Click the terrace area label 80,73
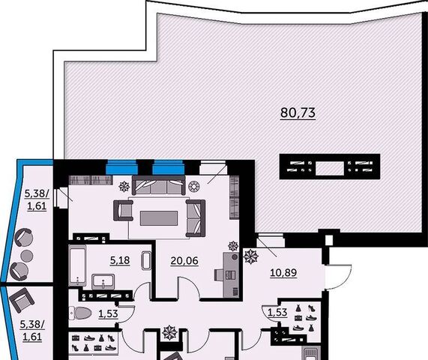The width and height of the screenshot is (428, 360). click(298, 112)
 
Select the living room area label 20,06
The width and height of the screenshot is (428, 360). click(184, 261)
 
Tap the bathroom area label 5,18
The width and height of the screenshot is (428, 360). click(120, 260)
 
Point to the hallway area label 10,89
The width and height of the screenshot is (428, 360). click(283, 272)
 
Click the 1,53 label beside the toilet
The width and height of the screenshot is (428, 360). click(108, 313)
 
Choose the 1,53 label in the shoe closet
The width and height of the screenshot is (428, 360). click(277, 312)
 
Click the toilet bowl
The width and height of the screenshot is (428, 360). click(80, 313)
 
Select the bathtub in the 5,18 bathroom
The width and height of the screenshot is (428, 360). click(77, 265)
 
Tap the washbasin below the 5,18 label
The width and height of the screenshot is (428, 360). click(103, 281)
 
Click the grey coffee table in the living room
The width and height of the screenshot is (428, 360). click(159, 218)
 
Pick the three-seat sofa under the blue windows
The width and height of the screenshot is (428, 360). click(159, 185)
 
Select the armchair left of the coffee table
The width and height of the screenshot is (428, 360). click(124, 210)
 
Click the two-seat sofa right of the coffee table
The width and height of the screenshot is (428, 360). click(196, 218)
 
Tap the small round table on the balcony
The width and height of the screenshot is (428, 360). click(27, 256)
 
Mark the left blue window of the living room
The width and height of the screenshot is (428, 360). click(121, 167)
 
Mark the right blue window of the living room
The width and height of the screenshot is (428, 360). click(168, 167)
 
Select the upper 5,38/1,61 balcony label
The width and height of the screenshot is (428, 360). click(37, 199)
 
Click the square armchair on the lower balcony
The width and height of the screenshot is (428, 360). click(22, 300)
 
